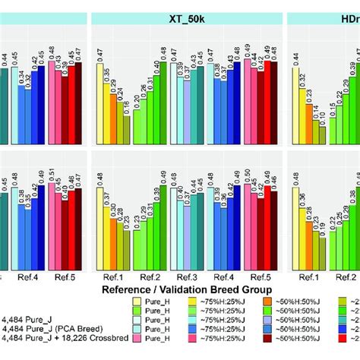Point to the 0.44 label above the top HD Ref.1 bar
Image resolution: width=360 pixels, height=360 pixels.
pos(298,52)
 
